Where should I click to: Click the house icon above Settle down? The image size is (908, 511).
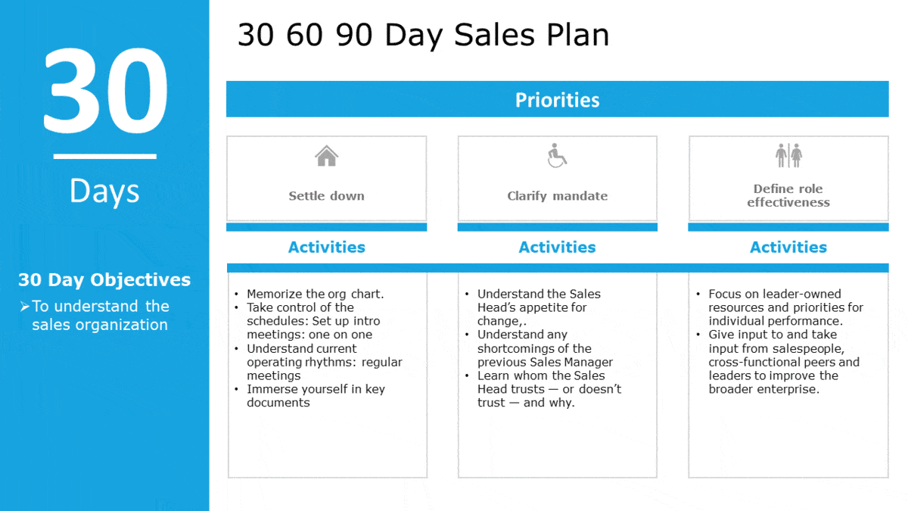coord(326,156)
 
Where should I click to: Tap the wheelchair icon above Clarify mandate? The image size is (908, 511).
coord(557,155)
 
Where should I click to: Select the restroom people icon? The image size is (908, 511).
coord(788,155)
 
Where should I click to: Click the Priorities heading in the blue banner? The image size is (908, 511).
coord(558,100)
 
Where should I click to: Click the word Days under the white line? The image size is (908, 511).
coord(104,191)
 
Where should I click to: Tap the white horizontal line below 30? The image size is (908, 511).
coord(105,156)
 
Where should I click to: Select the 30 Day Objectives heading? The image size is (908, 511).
coord(104,280)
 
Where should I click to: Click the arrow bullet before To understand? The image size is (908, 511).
coord(25,307)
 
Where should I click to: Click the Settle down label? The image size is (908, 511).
coord(326,196)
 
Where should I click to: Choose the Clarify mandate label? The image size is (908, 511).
coord(558,196)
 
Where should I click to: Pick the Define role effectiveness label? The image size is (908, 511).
coord(788,195)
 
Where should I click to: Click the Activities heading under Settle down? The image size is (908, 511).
coord(327,247)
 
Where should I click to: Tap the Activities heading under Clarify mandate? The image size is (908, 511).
coord(558,247)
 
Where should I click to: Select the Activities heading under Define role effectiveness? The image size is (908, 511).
coord(788,247)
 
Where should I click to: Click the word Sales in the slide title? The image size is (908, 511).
coord(494,35)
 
